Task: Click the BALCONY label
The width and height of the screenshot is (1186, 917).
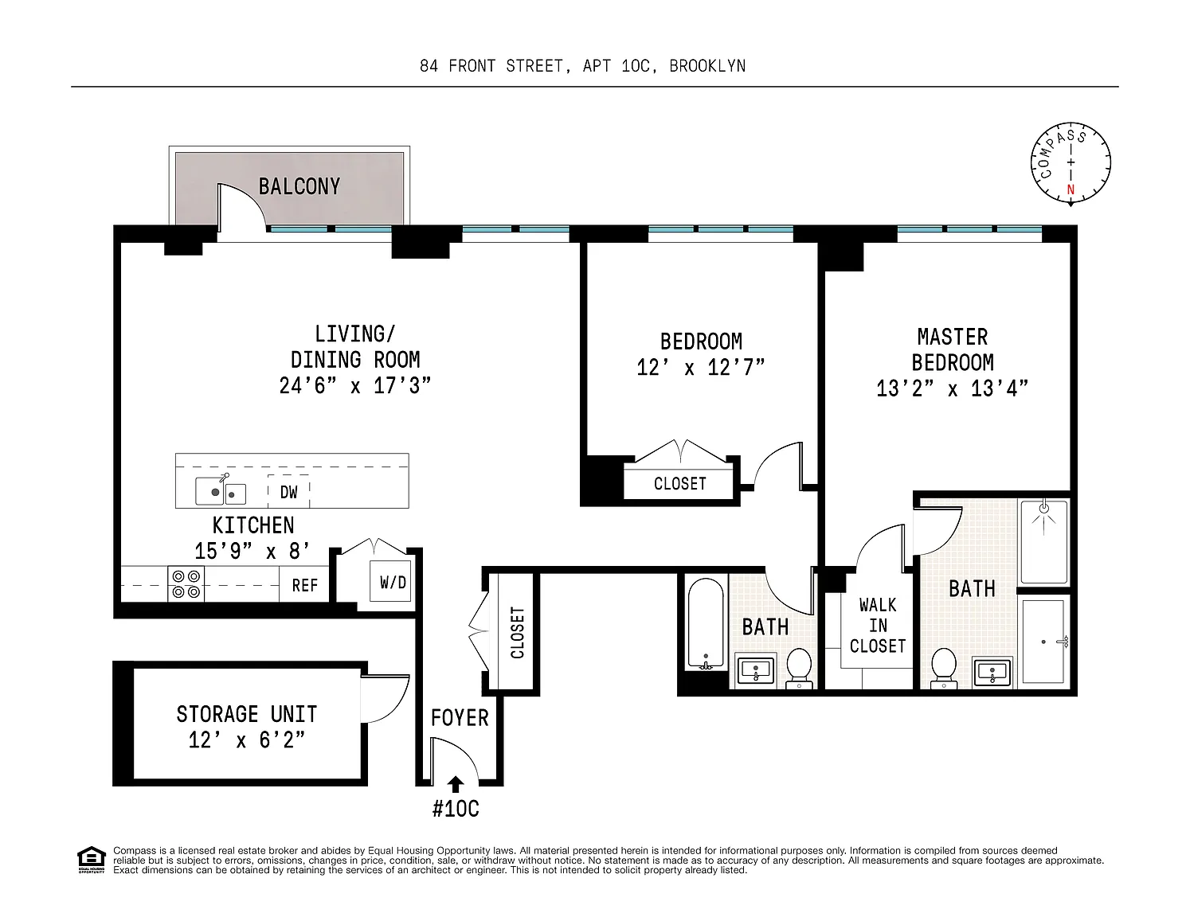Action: click(x=299, y=186)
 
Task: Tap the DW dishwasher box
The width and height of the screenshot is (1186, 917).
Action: click(x=288, y=492)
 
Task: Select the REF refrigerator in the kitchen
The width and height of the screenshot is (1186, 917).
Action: click(x=304, y=585)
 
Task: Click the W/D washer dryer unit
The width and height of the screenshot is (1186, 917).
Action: click(x=391, y=581)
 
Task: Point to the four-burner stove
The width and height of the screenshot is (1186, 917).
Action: click(x=186, y=584)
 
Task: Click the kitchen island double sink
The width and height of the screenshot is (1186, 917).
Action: click(x=221, y=492)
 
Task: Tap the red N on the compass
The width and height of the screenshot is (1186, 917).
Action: click(x=1071, y=189)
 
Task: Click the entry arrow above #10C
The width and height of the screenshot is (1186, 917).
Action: click(x=456, y=785)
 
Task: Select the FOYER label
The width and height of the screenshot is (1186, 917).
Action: click(x=460, y=718)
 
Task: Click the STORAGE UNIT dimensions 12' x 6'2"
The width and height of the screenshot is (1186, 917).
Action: click(x=247, y=740)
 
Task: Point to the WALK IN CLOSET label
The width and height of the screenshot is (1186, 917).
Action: click(x=878, y=626)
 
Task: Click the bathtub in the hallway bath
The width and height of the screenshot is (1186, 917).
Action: click(x=706, y=624)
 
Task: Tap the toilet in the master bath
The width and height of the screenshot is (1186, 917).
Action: click(x=944, y=666)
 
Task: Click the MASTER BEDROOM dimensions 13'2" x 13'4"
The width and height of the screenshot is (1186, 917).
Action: click(x=953, y=388)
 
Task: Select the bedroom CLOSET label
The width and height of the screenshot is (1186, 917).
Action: click(x=680, y=484)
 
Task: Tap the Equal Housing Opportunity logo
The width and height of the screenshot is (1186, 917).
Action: click(x=91, y=860)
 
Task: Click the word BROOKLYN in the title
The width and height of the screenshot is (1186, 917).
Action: click(x=707, y=66)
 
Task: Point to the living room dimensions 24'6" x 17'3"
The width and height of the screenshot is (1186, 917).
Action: click(x=355, y=386)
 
